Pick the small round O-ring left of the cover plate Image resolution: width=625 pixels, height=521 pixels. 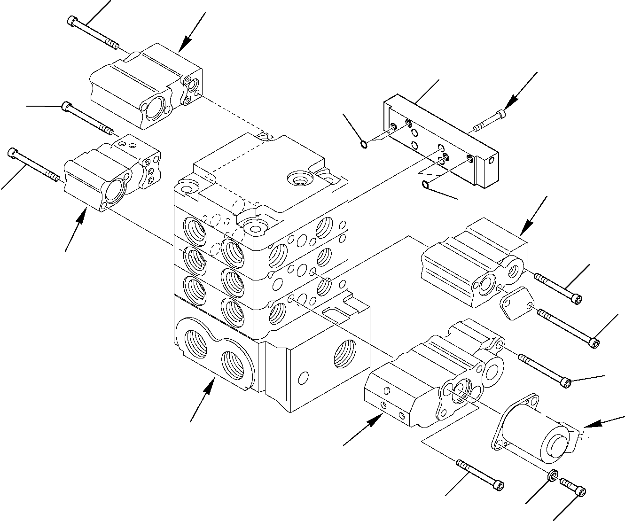click(363, 143)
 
